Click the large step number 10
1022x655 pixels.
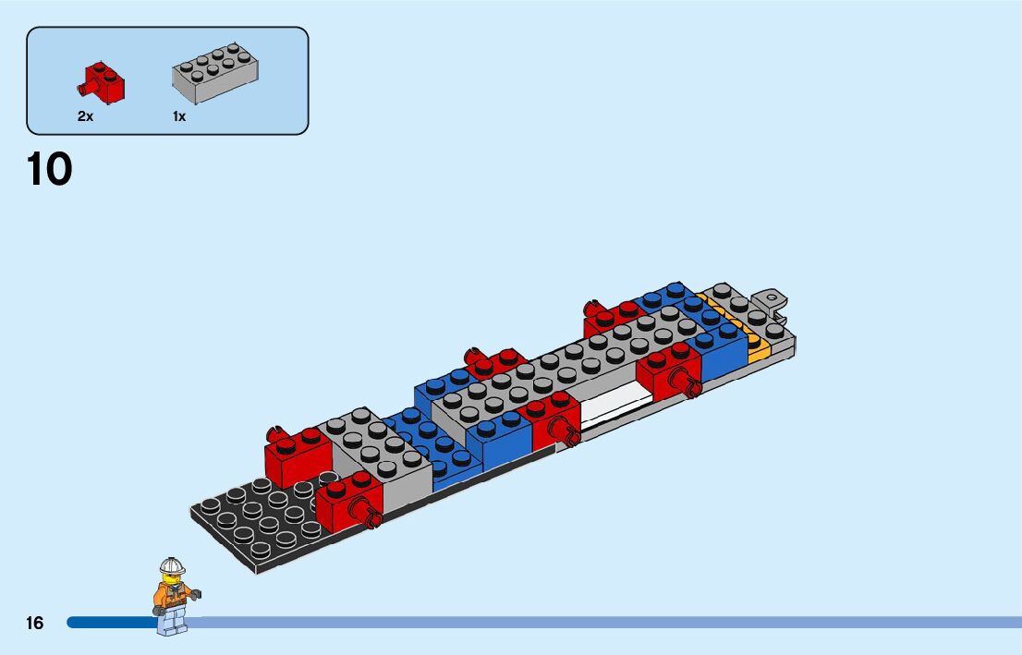point(50,170)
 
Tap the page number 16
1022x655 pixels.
point(34,624)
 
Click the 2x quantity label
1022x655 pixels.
point(85,117)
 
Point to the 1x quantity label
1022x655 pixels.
point(179,117)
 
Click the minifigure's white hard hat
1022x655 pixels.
point(172,565)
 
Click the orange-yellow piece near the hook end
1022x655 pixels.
point(757,347)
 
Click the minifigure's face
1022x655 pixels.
point(170,577)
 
